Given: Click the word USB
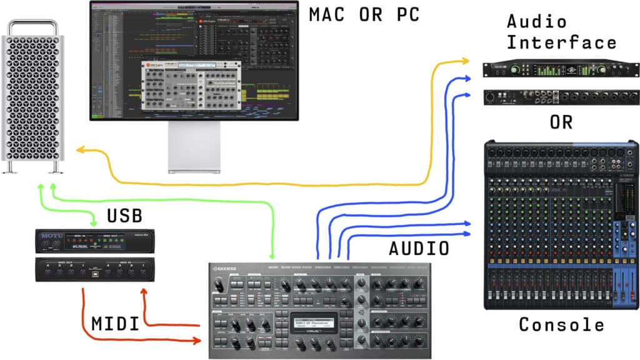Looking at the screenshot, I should [x=124, y=217].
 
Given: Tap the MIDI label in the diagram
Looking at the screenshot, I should [x=115, y=324].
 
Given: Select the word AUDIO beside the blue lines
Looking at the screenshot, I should [x=419, y=249].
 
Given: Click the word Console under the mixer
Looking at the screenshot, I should [x=562, y=325].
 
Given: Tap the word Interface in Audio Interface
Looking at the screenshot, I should [x=561, y=42].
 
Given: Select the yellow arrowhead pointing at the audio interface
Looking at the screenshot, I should [x=466, y=61].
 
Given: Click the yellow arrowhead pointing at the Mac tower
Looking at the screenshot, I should [x=79, y=150].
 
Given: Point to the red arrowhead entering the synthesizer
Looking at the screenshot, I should [x=198, y=341].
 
